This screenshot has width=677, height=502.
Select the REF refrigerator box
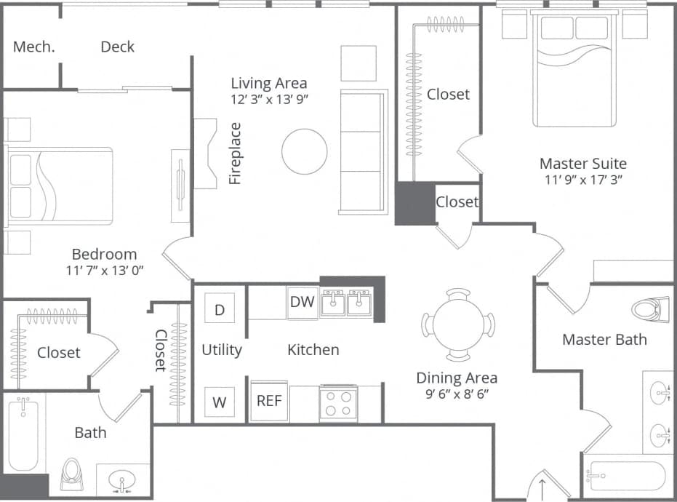pos(269,401)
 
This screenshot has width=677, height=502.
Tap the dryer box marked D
pos(220,309)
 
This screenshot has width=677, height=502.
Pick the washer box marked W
pos(219,402)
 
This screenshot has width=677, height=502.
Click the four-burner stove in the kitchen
pos(337,403)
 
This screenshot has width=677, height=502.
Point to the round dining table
pos(458,324)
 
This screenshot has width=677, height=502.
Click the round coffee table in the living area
pos(304,151)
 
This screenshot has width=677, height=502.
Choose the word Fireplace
pos(235,154)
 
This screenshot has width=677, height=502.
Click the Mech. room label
pos(33,47)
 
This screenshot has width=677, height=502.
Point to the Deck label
pos(117,47)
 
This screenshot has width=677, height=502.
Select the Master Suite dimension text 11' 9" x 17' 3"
pos(584,180)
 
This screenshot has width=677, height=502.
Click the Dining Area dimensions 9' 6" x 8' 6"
pos(457,395)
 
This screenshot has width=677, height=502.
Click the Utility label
pos(222,350)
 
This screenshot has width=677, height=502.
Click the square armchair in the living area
pos(358,63)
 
